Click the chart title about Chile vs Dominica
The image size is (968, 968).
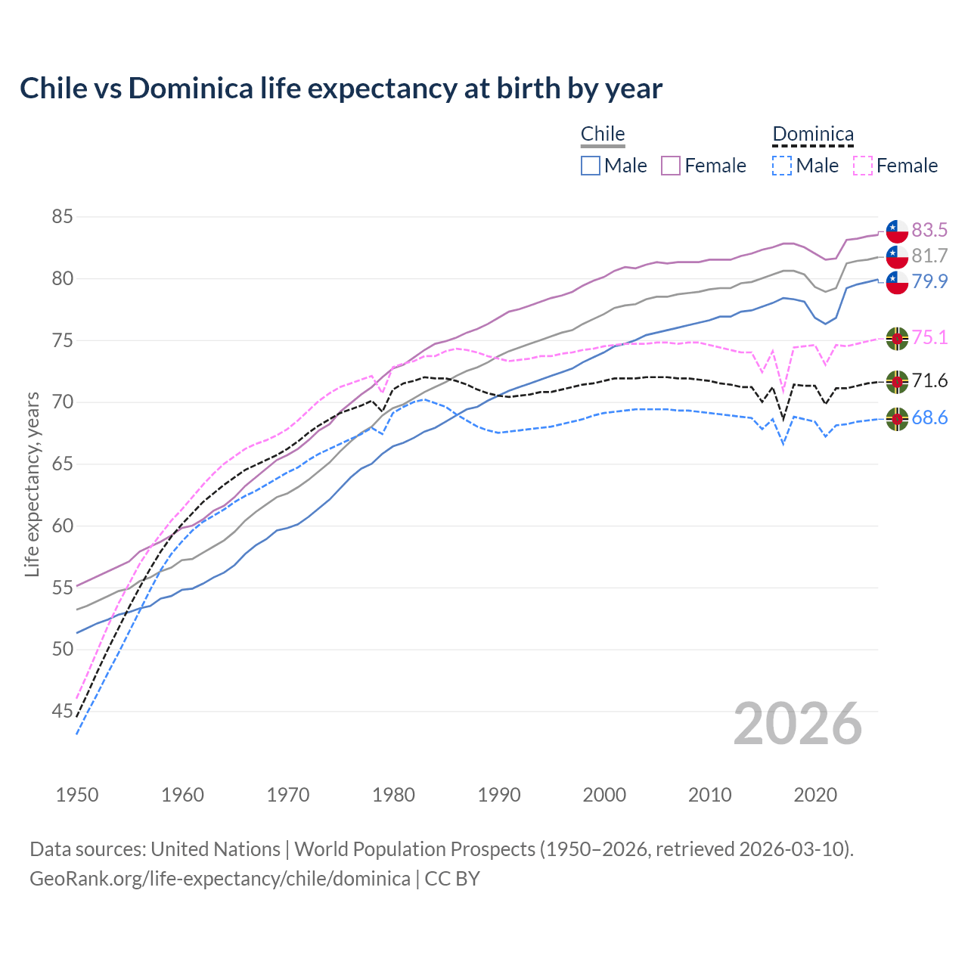point(341,88)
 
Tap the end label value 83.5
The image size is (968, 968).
point(929,230)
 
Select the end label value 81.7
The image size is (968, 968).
point(929,256)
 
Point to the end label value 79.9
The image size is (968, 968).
point(929,281)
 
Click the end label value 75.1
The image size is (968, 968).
point(929,337)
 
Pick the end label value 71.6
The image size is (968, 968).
point(929,380)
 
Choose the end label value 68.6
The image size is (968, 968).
point(929,417)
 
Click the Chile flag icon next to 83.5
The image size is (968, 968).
point(897,231)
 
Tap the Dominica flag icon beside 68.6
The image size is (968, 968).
point(897,419)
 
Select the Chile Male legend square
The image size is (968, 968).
point(591,166)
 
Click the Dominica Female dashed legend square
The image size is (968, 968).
point(863,166)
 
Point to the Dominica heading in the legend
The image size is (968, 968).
point(813,135)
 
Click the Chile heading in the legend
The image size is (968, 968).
point(603,135)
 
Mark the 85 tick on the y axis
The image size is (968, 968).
point(62,217)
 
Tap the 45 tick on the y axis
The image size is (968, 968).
point(62,711)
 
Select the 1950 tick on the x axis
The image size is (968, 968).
point(77,795)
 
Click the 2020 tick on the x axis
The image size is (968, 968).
point(815,795)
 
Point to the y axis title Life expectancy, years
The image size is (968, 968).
point(33,484)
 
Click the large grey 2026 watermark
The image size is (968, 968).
point(798,724)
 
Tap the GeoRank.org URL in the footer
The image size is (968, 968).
point(220,878)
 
